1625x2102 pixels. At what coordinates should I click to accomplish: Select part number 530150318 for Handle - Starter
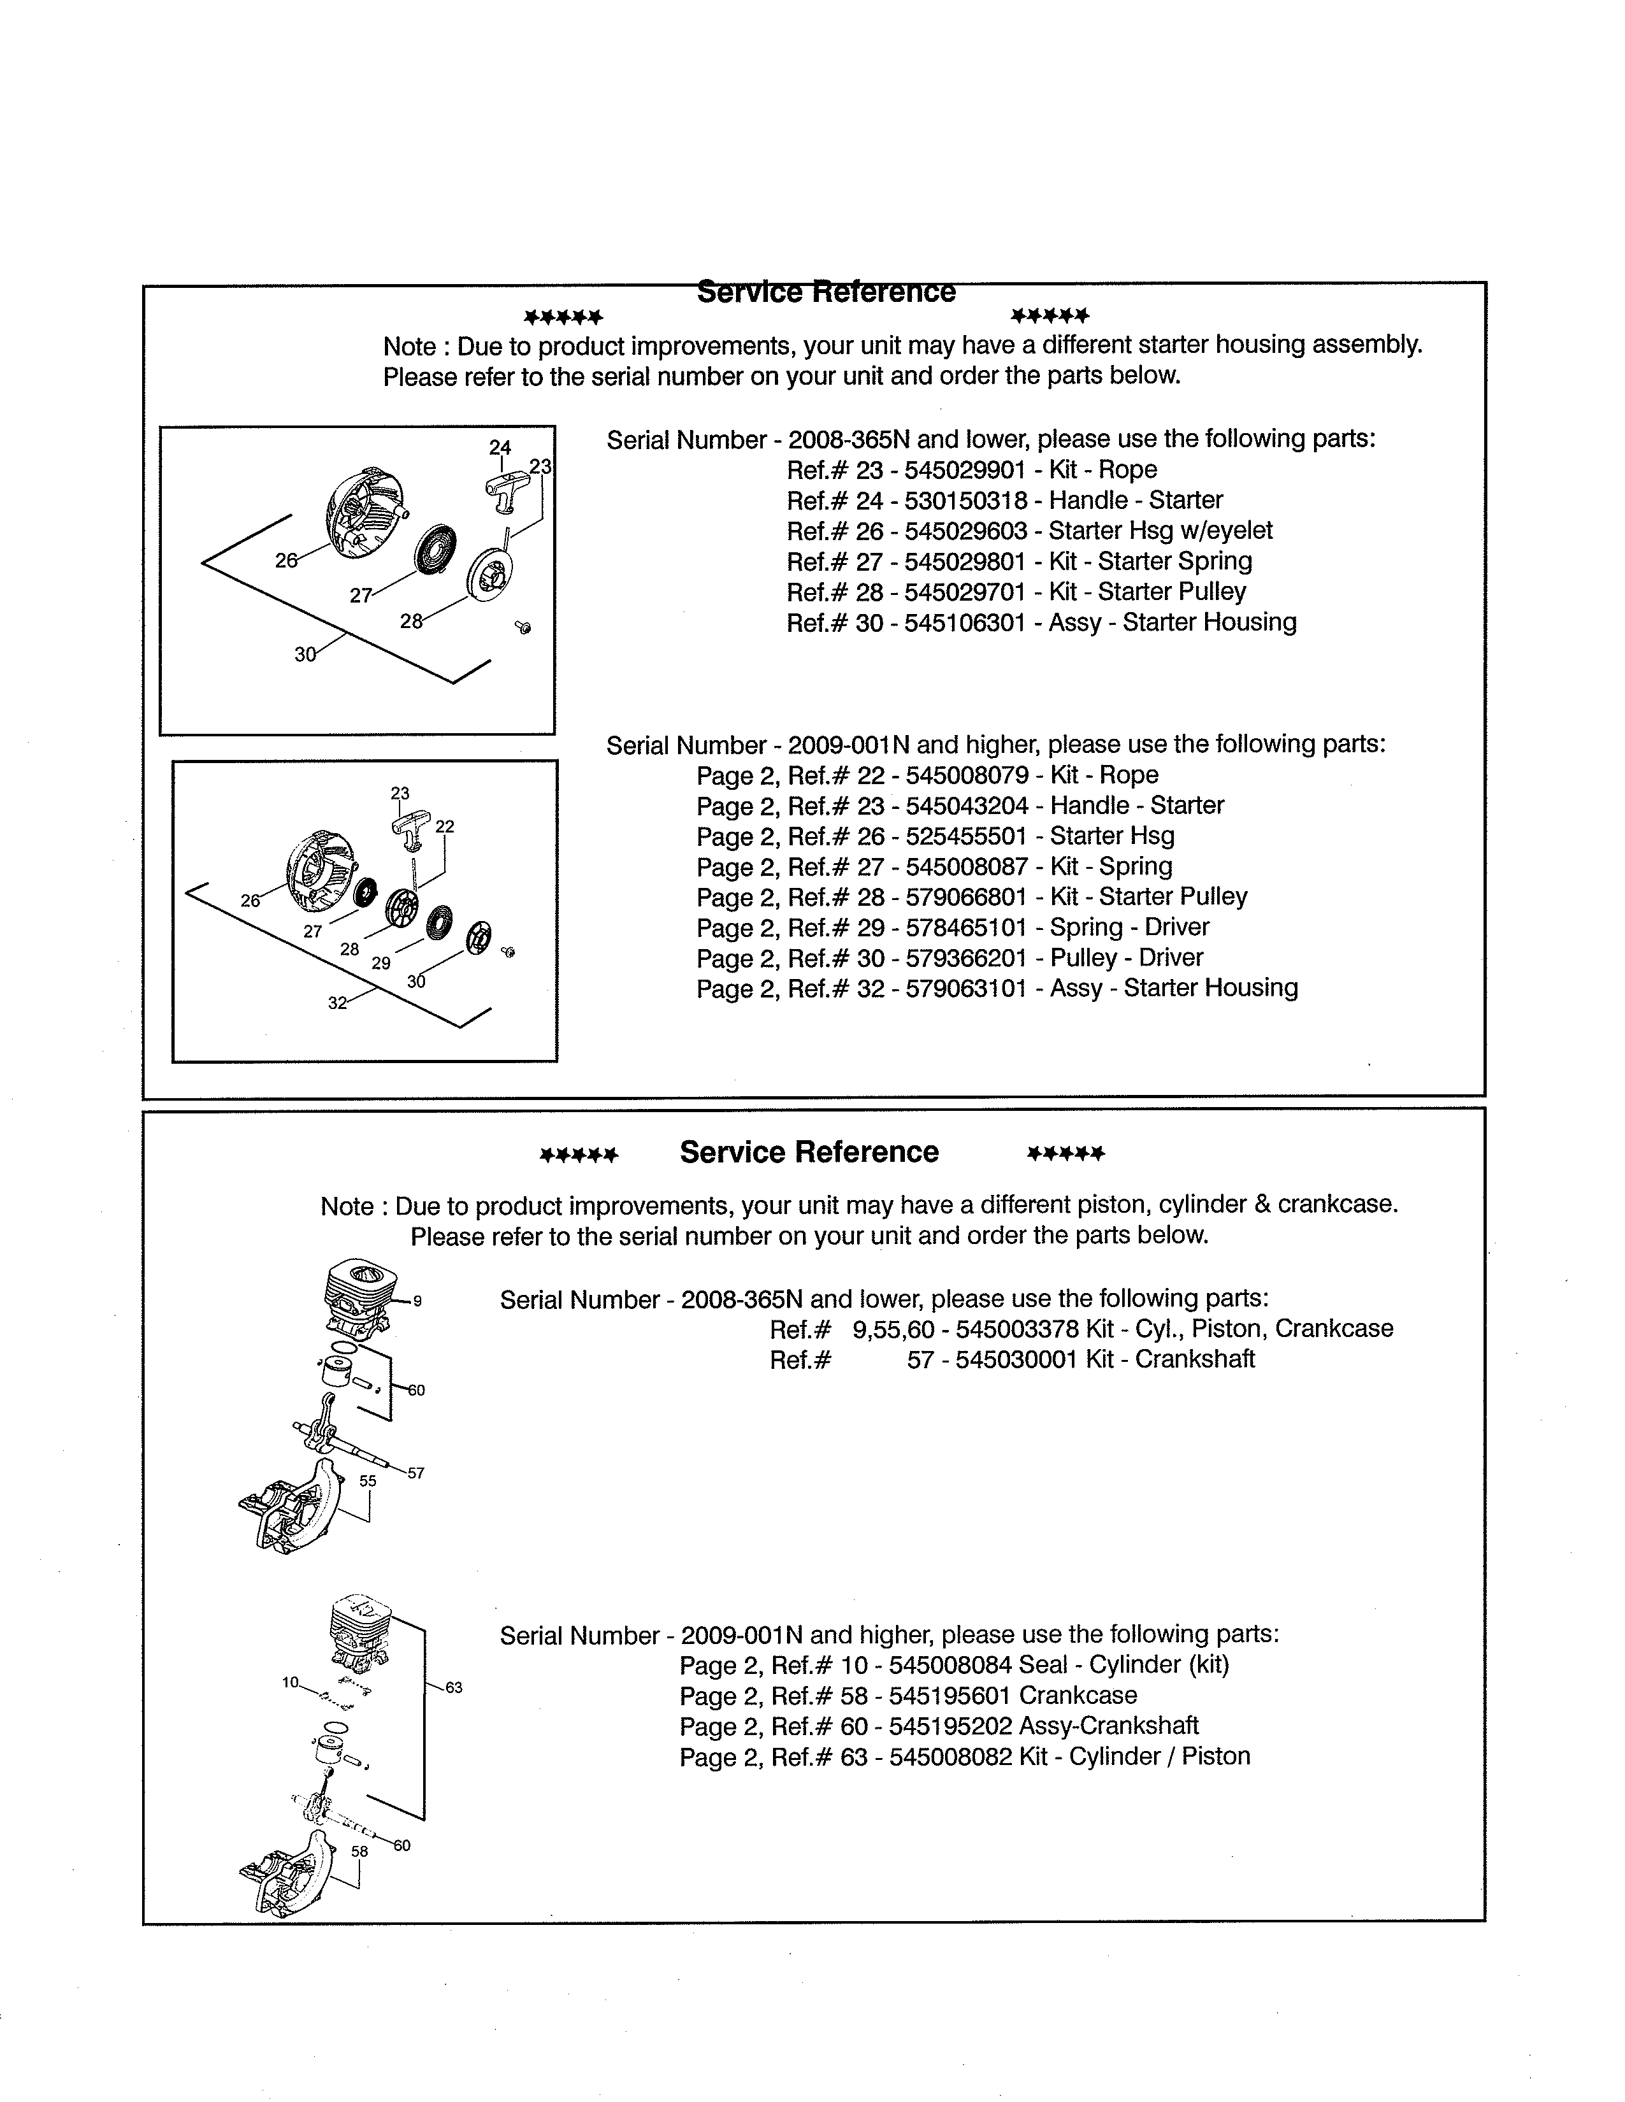coord(965,501)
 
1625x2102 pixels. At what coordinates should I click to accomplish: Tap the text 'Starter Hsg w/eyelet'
coord(1160,531)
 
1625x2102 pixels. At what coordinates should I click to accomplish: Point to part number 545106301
coord(965,623)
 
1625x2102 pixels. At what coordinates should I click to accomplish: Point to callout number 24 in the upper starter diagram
coord(500,448)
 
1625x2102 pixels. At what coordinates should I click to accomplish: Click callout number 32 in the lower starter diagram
coord(337,1003)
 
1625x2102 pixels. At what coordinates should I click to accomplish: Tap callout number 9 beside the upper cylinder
coord(417,1301)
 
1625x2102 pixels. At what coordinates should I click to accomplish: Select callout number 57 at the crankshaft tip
coord(416,1473)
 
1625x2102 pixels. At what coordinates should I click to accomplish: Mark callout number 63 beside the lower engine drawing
coord(454,1687)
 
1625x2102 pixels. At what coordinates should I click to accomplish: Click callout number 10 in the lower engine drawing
coord(290,1682)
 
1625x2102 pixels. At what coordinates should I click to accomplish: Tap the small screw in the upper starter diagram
coord(524,627)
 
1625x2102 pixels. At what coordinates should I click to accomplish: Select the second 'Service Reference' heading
coord(809,1152)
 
